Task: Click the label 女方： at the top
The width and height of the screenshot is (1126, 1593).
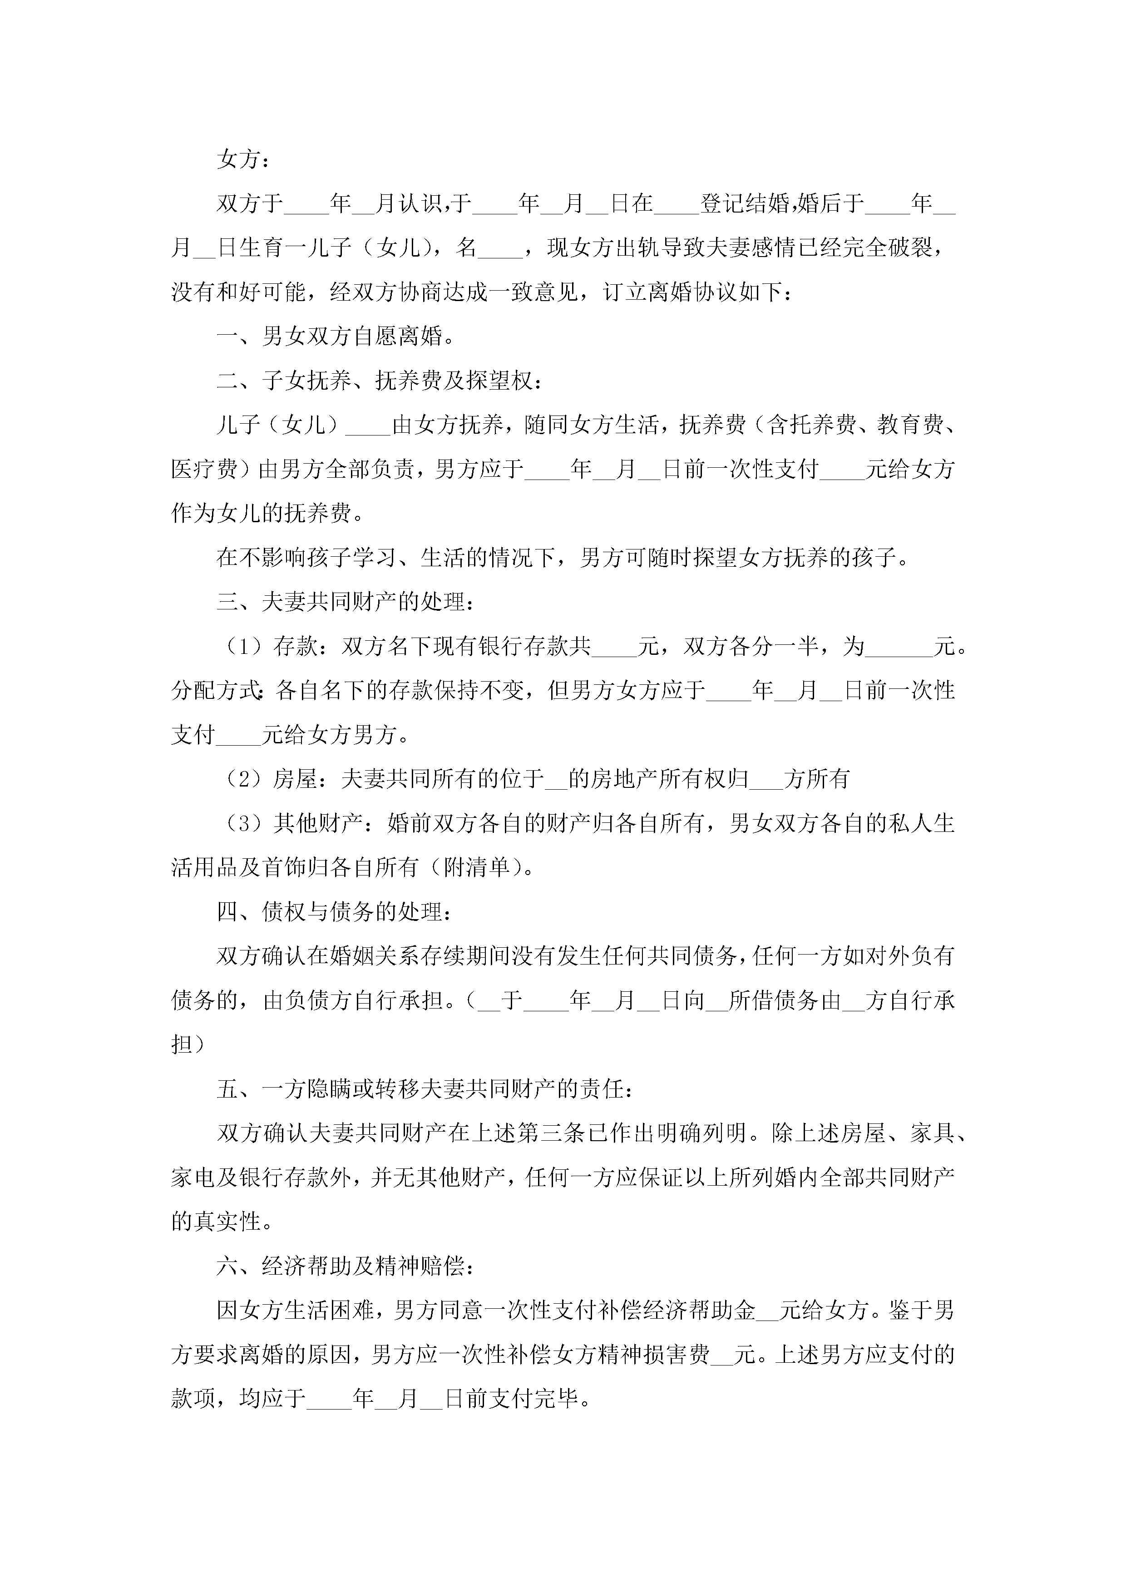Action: [243, 159]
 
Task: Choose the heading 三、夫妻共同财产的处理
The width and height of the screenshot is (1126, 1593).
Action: [346, 602]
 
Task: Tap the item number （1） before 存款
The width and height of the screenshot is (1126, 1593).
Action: [244, 647]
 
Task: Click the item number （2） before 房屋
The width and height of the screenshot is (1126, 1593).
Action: [244, 779]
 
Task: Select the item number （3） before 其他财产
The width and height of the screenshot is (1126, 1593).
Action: [244, 824]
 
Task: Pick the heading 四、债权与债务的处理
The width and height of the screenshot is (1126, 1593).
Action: [335, 912]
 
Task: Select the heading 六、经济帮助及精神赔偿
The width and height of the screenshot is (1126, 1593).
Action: [346, 1266]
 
